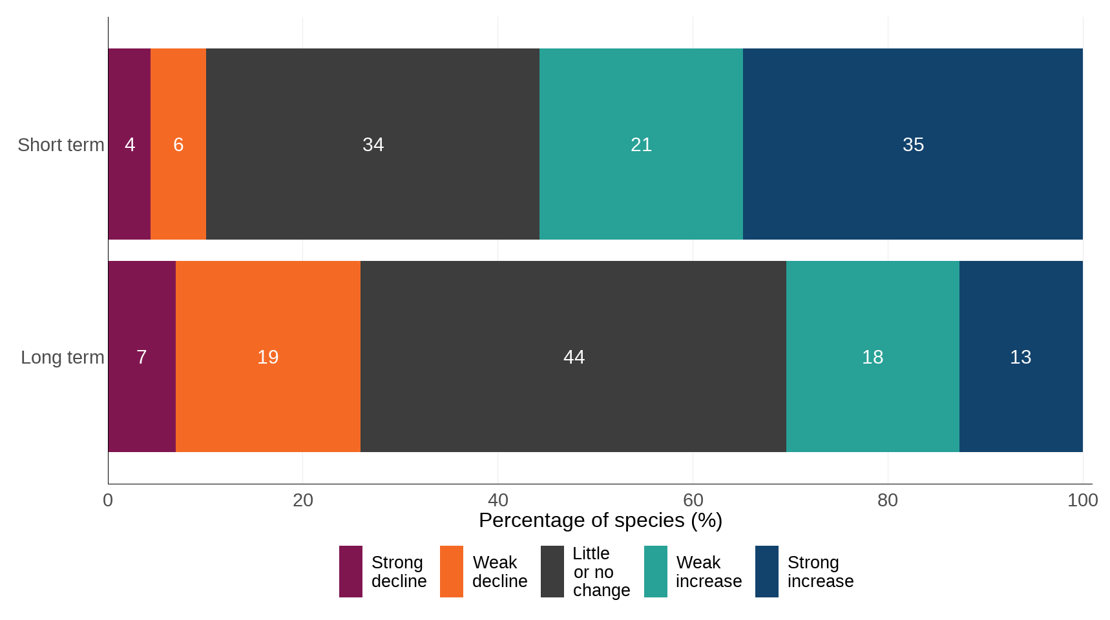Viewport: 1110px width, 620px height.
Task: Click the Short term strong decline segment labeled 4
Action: click(129, 144)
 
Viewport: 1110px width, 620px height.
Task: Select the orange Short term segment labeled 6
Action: click(178, 144)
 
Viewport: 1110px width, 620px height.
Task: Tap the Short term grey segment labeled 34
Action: click(373, 144)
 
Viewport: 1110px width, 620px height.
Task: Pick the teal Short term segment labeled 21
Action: click(641, 144)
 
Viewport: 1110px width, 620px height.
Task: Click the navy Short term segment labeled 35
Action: click(913, 144)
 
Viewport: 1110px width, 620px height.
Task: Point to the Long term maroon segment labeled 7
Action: click(141, 356)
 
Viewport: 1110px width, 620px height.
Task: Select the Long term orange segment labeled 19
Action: click(267, 356)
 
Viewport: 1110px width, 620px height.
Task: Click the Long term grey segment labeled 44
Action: click(574, 356)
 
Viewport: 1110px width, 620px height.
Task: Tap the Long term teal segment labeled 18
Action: click(872, 356)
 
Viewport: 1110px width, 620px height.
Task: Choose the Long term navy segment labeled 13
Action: click(1020, 356)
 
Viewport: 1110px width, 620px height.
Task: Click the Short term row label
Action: click(61, 145)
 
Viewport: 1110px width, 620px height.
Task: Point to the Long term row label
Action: click(62, 357)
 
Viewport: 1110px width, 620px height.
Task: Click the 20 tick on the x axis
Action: click(302, 500)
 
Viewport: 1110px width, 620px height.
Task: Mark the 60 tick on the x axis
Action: click(693, 500)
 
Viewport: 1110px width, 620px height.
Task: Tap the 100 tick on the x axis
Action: click(1082, 500)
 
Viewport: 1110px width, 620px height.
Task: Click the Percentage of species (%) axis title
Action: click(600, 521)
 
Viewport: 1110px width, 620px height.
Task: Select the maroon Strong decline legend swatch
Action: click(350, 572)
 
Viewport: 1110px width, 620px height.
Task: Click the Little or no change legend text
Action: click(601, 572)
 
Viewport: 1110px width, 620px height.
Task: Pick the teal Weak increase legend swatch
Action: click(655, 572)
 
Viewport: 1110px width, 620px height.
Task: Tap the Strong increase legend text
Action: click(820, 572)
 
